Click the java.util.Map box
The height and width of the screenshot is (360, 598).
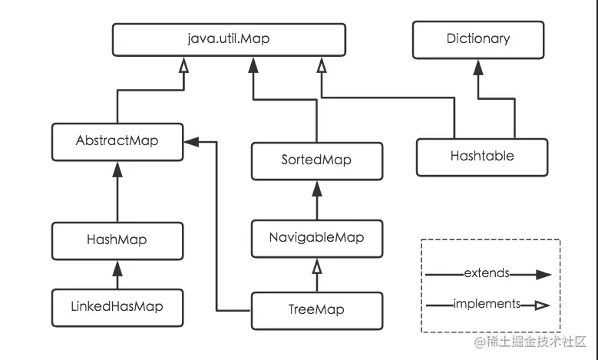click(x=229, y=40)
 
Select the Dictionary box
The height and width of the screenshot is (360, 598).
click(x=478, y=40)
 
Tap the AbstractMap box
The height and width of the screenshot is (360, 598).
click(x=117, y=142)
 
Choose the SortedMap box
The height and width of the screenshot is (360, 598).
click(x=317, y=161)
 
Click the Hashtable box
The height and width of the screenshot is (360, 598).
click(x=482, y=157)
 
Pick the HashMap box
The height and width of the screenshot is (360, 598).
click(x=117, y=241)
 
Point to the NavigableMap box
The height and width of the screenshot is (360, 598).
click(x=317, y=239)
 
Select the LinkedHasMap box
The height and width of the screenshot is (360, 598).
click(x=117, y=308)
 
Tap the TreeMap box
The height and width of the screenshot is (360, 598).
click(x=317, y=311)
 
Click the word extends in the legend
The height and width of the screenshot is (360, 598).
click(x=487, y=273)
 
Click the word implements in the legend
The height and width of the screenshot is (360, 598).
click(x=487, y=303)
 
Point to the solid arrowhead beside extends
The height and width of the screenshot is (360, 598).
click(x=543, y=275)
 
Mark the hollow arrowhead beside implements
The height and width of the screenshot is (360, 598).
click(x=542, y=305)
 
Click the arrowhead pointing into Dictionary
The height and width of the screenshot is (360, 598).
click(x=478, y=68)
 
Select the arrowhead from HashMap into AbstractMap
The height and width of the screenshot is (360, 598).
click(x=117, y=170)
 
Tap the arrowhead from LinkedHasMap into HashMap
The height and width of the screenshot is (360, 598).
click(x=117, y=269)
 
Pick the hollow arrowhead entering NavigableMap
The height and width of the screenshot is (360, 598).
click(x=317, y=266)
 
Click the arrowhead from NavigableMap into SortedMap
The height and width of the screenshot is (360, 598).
click(x=317, y=189)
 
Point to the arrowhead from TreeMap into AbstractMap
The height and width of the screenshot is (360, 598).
click(x=191, y=142)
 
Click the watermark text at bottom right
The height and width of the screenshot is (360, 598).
click(x=530, y=342)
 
